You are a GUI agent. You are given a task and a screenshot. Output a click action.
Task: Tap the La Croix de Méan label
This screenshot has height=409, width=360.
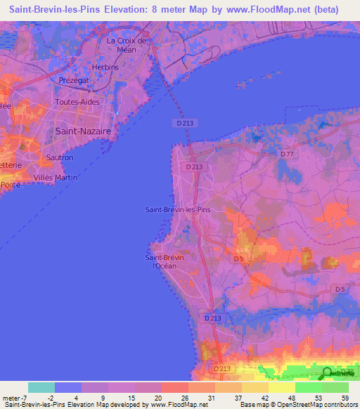pyautogui.click(x=127, y=44)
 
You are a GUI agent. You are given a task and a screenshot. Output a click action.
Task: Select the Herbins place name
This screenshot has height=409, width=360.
pyautogui.click(x=105, y=67)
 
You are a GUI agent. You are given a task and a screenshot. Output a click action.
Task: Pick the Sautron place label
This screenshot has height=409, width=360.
pyautogui.click(x=59, y=157)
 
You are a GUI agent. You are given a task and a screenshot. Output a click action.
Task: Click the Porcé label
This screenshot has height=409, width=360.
pyautogui.click(x=10, y=184)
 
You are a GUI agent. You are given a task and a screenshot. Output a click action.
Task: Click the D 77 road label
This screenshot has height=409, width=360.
pyautogui.click(x=286, y=154)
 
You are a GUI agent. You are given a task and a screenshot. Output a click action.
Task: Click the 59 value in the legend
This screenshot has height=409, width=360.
pyautogui.click(x=345, y=397)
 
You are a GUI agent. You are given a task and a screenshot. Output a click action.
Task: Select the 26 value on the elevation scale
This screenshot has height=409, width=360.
pyautogui.click(x=184, y=397)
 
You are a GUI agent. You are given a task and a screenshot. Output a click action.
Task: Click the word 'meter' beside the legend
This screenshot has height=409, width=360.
pyautogui.click(x=11, y=397)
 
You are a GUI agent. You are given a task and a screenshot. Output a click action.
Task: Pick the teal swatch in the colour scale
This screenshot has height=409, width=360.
pyautogui.click(x=41, y=387)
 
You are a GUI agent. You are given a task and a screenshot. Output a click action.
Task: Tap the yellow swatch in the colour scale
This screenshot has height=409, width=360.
pyautogui.click(x=281, y=387)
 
